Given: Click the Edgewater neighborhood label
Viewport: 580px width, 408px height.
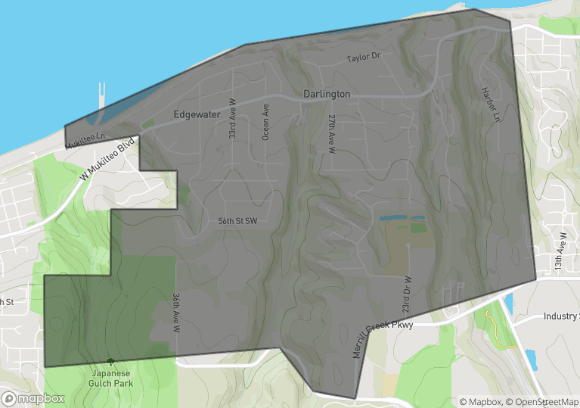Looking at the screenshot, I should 197,115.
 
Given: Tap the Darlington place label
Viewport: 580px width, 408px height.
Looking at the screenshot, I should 327,94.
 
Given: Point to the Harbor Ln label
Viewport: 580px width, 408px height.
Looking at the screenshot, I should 491,105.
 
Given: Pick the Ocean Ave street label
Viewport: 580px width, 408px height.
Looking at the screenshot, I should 265,122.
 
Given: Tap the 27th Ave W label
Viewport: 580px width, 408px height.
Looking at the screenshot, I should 331,135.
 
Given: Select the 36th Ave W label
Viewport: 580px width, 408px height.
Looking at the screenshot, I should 175,313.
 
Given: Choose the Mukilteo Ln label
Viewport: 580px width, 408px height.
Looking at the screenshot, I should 84,140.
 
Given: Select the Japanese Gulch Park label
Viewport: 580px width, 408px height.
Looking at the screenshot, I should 112,378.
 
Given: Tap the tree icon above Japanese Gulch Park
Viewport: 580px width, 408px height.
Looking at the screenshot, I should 111,363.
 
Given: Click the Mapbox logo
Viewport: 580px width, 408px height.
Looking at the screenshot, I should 33,398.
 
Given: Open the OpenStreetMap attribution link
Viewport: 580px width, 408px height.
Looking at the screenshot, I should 543,402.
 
